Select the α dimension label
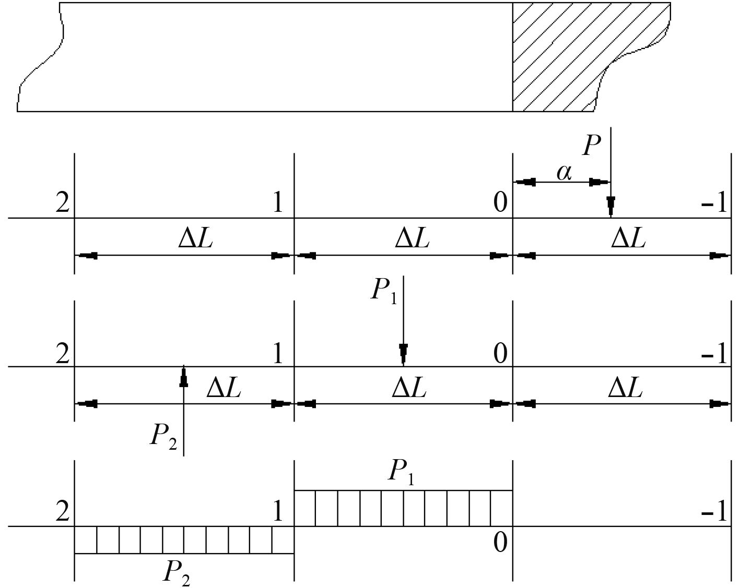(x=564, y=172)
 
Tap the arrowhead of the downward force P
(x=610, y=205)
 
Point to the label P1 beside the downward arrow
(x=384, y=290)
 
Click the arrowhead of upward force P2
(x=183, y=377)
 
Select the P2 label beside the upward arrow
(x=163, y=435)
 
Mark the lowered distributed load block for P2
(x=184, y=539)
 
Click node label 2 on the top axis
(x=62, y=203)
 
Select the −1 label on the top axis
(x=714, y=203)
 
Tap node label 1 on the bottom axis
(x=277, y=511)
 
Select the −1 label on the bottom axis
(x=714, y=513)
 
